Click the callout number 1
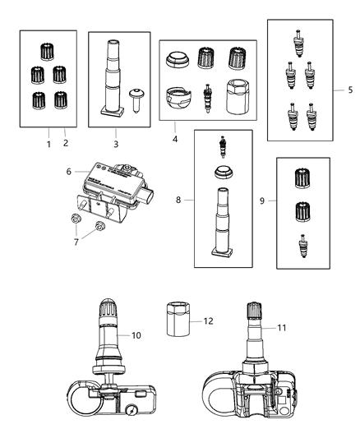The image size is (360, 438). pos(48,144)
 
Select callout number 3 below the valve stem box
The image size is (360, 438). pos(116,144)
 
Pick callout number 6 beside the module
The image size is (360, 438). pos(70,171)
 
